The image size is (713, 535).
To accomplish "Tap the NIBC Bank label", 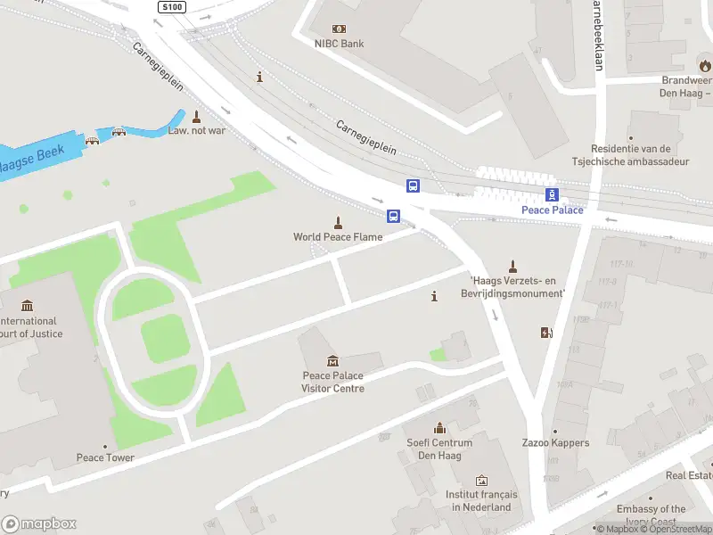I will pos(339,44).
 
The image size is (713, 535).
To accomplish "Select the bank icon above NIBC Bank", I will pos(339,29).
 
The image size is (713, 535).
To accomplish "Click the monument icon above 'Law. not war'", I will pos(196,116).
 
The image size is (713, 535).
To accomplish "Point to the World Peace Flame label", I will pos(338,237).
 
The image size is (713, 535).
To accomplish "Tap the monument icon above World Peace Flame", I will pos(338,222).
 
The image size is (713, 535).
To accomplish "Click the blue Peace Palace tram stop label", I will pos(552,210).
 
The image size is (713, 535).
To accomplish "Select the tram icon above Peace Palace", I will pos(552,194).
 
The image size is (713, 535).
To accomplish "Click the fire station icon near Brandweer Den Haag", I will pos(705,65).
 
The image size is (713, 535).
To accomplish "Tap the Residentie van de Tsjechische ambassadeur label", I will pos(630,155).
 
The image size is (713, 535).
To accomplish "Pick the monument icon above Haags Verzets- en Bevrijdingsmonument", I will pos(512,266).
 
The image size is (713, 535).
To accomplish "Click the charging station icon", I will pos(546,333).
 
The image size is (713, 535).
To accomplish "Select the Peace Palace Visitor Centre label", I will pos(332,382).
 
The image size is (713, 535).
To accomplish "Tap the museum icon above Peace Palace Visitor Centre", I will pos(332,360).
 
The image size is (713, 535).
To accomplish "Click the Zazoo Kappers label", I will pos(558,443).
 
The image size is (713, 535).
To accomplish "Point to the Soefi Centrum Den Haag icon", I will pos(438,428).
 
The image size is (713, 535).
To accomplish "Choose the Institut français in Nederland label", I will pos(481,501).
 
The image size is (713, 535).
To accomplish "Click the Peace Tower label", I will pos(105,458).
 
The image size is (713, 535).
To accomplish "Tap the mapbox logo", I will pos(38,523).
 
